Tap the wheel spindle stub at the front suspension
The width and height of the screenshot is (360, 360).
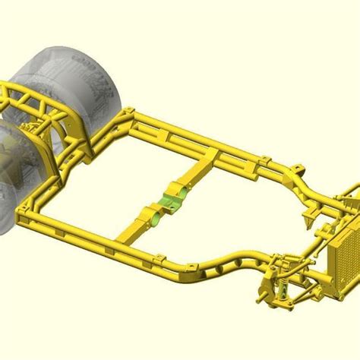(263, 287)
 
